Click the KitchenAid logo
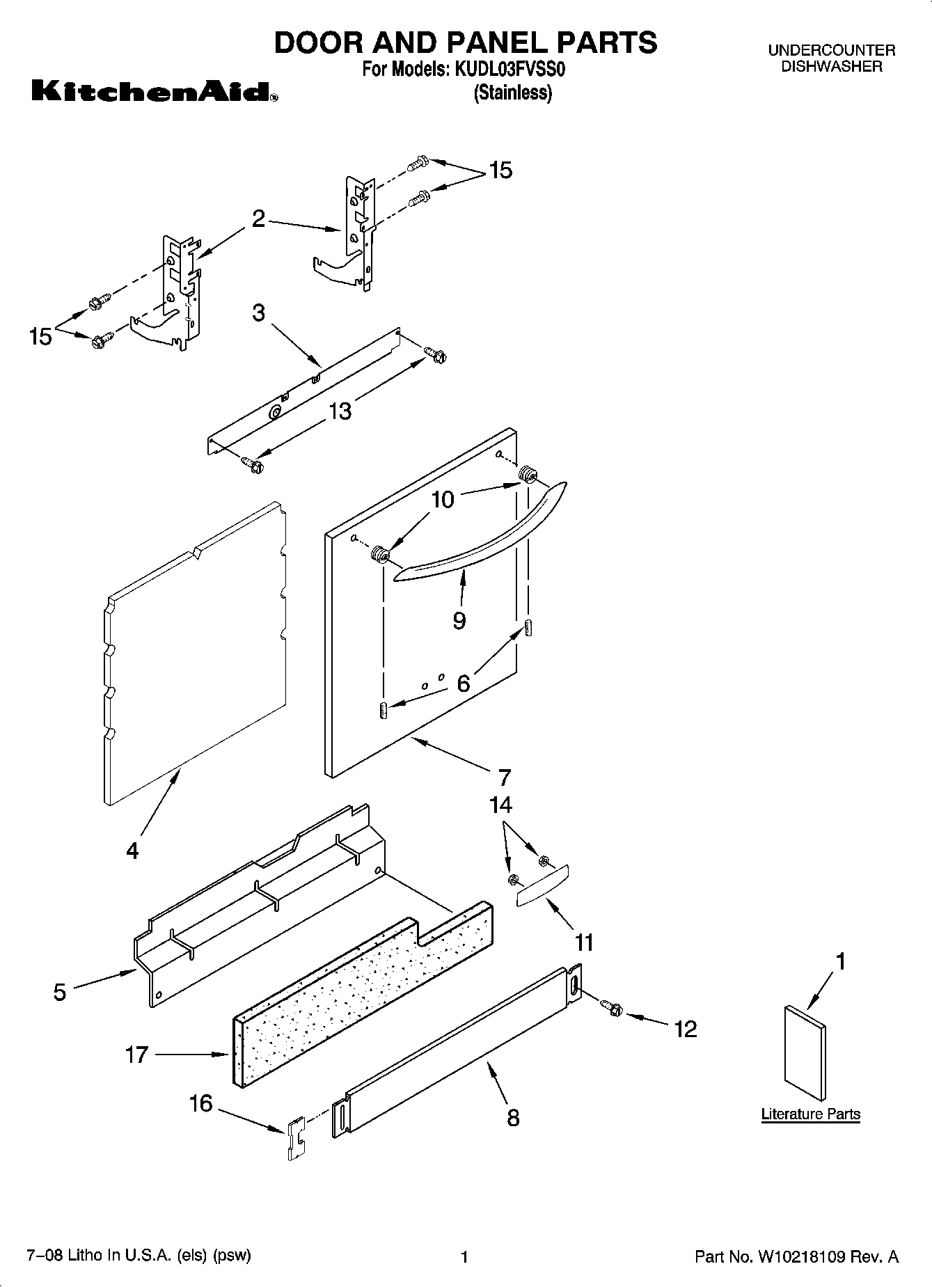[154, 91]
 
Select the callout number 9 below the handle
[459, 620]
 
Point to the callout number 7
[505, 777]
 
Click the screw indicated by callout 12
[611, 1007]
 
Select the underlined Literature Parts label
[810, 1114]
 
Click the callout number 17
[137, 1055]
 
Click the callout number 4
[132, 850]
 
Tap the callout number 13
[340, 411]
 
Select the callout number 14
[500, 805]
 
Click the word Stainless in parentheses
[513, 93]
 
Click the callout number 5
[60, 992]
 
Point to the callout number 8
[513, 1118]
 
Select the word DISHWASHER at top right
[831, 67]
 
